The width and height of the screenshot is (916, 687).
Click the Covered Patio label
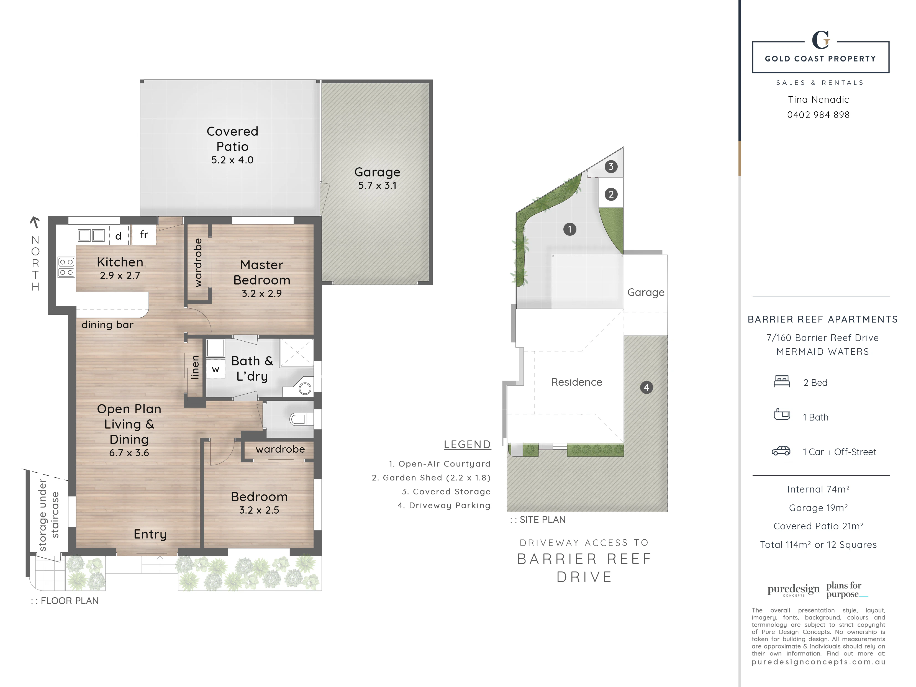[232, 139]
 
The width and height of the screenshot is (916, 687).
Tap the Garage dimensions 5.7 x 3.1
[377, 186]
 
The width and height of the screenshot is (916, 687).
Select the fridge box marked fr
[144, 234]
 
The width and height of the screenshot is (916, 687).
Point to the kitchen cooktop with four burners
[66, 267]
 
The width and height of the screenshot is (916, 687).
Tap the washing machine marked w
[215, 369]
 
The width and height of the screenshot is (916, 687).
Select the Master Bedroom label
[262, 273]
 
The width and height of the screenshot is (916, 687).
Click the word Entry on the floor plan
[150, 534]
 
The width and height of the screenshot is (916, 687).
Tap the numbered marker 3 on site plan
[611, 166]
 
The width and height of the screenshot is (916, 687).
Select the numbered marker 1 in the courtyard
[570, 229]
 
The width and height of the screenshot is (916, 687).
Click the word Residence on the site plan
[576, 382]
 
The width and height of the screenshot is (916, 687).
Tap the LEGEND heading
[467, 444]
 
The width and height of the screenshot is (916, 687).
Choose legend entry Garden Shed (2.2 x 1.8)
[431, 478]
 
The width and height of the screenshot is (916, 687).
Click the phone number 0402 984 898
[818, 115]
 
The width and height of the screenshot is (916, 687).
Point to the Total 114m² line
[818, 545]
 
